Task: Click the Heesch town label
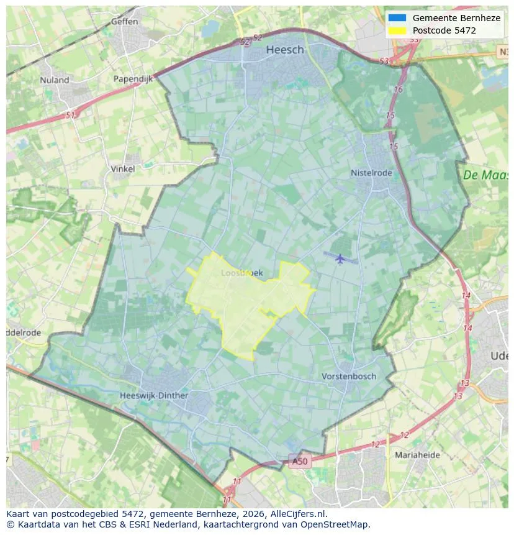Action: (x=285, y=50)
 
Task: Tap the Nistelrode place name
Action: (x=371, y=173)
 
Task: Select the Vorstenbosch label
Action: (x=349, y=377)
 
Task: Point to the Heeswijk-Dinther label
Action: (x=154, y=395)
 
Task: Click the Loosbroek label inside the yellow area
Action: (x=237, y=273)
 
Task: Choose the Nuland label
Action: (x=55, y=80)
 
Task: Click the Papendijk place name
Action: (x=133, y=79)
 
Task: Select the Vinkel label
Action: (x=122, y=169)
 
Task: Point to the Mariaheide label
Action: (x=417, y=455)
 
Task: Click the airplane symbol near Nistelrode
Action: (x=340, y=258)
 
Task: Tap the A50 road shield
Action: (x=299, y=461)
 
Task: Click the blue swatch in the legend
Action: (x=397, y=18)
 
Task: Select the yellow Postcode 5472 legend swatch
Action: (x=397, y=30)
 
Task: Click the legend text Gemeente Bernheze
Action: (x=456, y=18)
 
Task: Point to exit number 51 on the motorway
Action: (x=70, y=116)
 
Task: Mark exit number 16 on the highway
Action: (x=398, y=89)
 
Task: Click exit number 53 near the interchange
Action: (x=384, y=61)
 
